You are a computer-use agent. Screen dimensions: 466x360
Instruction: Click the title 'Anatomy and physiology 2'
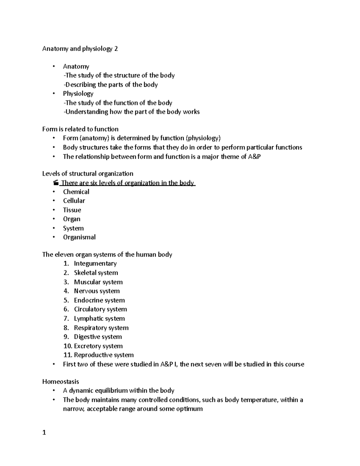click(x=80, y=49)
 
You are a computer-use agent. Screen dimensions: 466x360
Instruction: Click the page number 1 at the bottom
click(x=44, y=433)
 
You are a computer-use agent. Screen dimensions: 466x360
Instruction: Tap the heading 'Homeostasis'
click(x=61, y=382)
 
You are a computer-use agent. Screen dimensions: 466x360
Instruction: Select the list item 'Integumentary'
click(x=95, y=263)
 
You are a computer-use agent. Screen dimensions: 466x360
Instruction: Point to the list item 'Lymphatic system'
click(x=99, y=319)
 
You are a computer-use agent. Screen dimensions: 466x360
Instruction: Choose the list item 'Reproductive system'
click(x=103, y=355)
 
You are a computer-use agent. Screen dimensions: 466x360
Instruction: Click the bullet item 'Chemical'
click(x=76, y=192)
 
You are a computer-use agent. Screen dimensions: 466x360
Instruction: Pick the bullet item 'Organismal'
click(x=79, y=237)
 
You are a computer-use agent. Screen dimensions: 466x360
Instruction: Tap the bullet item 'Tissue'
click(x=72, y=210)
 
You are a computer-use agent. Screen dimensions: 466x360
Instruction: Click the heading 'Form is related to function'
click(x=80, y=129)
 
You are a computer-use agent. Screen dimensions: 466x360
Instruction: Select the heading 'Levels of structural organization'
click(x=88, y=174)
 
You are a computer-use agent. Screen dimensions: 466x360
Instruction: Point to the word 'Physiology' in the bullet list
click(x=78, y=94)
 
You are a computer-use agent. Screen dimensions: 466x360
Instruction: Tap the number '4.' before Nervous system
click(x=66, y=291)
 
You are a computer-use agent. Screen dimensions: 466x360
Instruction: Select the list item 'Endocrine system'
click(x=99, y=300)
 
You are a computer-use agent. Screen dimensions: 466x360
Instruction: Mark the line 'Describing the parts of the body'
click(x=111, y=85)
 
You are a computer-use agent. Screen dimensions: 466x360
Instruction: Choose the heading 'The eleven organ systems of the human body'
click(x=107, y=255)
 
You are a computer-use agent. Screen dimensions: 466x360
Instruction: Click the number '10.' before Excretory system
click(x=68, y=346)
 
